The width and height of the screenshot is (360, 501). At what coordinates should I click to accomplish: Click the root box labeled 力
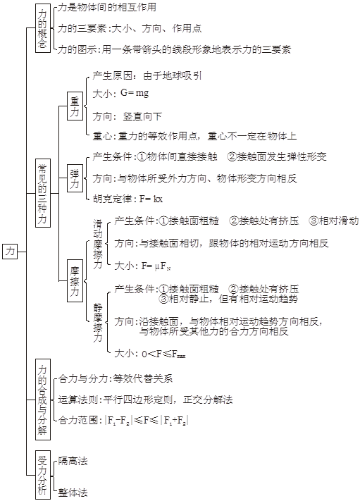(x=10, y=251)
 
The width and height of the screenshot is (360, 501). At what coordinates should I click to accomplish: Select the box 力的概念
(x=42, y=28)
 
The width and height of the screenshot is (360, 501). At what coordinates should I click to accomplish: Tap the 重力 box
(x=75, y=106)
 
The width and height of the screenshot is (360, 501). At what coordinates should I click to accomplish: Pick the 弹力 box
(x=75, y=178)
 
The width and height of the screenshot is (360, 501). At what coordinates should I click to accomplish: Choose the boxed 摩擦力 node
(x=75, y=281)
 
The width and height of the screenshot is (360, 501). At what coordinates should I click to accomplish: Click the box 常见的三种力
(x=42, y=193)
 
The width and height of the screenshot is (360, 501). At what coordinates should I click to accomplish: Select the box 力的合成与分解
(x=42, y=400)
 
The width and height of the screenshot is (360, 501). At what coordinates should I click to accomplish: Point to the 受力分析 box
(x=42, y=474)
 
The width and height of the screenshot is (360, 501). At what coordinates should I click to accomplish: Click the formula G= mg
(x=135, y=93)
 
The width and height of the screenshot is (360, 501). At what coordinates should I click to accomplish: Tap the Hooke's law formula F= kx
(x=151, y=199)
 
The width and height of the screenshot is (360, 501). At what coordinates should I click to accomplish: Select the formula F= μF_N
(x=156, y=266)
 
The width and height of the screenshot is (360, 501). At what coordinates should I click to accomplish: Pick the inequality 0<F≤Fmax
(x=164, y=354)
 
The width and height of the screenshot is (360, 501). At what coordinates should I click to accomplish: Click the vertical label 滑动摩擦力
(x=98, y=244)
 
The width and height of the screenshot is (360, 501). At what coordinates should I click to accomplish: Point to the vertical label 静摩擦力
(x=98, y=323)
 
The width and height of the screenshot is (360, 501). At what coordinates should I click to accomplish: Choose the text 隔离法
(x=73, y=461)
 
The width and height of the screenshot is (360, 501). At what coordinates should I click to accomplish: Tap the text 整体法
(x=73, y=493)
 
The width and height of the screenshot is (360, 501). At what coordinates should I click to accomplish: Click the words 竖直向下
(x=142, y=116)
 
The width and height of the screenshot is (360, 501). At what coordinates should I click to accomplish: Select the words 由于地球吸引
(x=173, y=75)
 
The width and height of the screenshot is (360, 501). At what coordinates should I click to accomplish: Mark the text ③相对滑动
(x=333, y=221)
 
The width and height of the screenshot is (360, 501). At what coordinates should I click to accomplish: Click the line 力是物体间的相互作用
(x=106, y=7)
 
